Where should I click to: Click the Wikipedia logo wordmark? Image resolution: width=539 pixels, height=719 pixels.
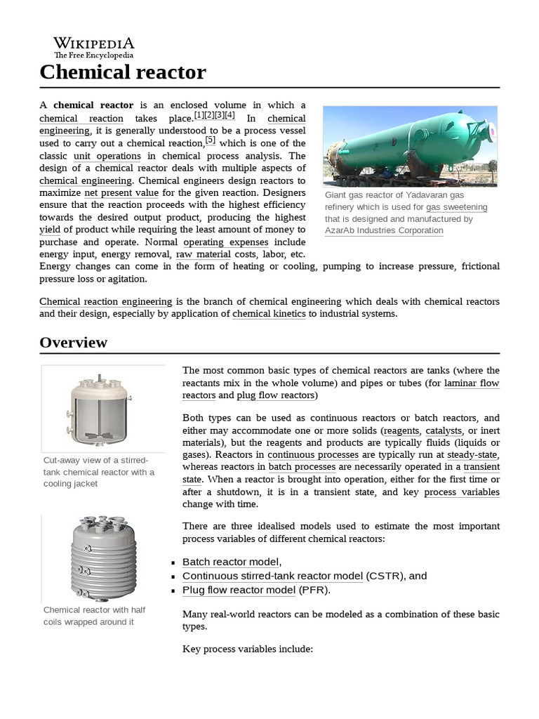93,44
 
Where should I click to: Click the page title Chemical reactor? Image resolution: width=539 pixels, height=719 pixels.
123,72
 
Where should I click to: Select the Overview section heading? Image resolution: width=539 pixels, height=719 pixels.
74,343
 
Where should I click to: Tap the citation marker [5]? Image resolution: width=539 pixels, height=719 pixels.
210,140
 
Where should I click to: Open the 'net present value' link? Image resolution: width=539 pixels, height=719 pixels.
121,192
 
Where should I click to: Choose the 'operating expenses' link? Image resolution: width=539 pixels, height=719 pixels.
225,242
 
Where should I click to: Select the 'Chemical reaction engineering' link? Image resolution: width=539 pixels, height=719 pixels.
105,301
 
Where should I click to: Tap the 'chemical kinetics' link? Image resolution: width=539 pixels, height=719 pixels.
269,314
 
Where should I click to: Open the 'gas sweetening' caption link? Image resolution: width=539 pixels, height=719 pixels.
456,207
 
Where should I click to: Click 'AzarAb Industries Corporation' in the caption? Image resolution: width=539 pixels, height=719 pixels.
384,230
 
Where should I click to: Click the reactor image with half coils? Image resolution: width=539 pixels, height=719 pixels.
102,556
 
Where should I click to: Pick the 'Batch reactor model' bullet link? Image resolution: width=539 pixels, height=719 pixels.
230,562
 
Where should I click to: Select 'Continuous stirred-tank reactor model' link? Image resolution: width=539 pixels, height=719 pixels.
272,576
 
